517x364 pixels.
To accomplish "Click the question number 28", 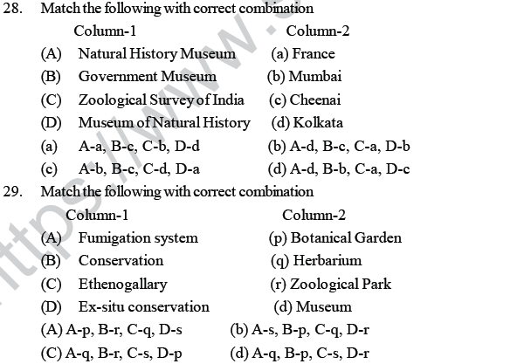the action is (x=13, y=9).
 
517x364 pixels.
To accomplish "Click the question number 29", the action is (x=13, y=191).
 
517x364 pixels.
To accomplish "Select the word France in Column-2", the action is (x=314, y=53).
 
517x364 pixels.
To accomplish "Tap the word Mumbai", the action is (x=316, y=76).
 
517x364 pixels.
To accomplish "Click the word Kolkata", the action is (x=319, y=122).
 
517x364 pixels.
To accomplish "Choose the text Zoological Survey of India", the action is (x=161, y=100).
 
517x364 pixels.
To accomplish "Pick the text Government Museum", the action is (x=147, y=76).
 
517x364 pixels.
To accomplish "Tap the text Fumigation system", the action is (x=138, y=237).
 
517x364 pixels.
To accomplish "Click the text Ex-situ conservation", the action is (x=143, y=306).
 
